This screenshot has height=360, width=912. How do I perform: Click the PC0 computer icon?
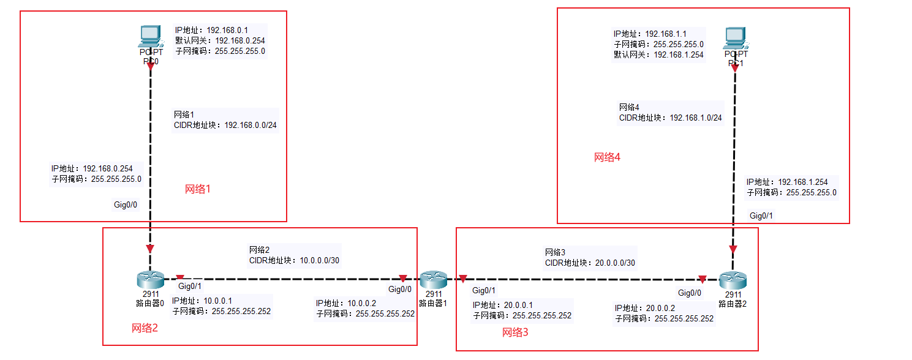click(x=150, y=37)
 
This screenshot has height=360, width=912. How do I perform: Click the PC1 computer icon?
click(x=735, y=38)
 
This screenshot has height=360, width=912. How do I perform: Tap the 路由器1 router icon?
click(x=434, y=280)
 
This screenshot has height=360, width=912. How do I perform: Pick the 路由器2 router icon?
click(x=733, y=280)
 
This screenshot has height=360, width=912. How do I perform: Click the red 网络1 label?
click(x=198, y=189)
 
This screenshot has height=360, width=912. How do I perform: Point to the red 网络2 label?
click(x=145, y=328)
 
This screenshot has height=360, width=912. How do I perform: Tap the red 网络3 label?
click(x=515, y=332)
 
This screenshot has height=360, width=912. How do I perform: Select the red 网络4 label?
click(x=608, y=157)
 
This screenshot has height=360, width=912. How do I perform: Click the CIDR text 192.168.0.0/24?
click(x=251, y=125)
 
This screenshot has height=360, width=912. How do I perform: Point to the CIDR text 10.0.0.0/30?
click(x=319, y=260)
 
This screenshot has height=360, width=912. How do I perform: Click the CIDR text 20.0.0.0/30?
click(x=616, y=263)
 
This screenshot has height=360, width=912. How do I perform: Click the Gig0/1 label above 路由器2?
click(x=761, y=216)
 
